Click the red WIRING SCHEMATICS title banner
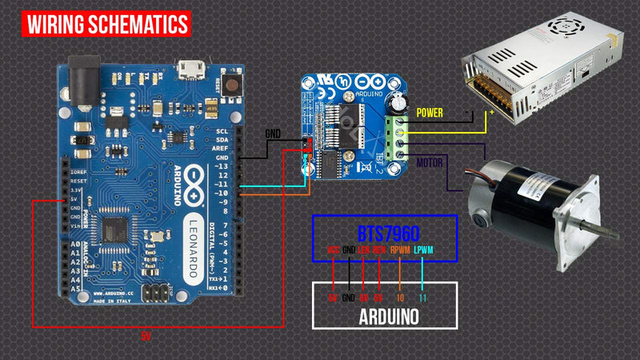[x=109, y=24]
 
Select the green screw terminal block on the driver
[x=396, y=136]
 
